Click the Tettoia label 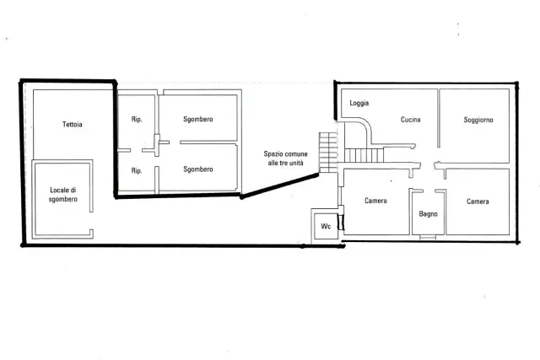[73, 124]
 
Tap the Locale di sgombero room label [63, 195]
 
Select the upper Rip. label [137, 120]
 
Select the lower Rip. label [137, 170]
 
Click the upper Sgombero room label [198, 120]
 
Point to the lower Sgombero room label [198, 169]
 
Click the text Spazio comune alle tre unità [285, 159]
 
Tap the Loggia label [359, 103]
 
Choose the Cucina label [411, 120]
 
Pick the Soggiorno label [478, 120]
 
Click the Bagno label [428, 214]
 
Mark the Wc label [326, 226]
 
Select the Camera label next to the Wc [375, 201]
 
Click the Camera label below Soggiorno [478, 201]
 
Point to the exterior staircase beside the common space [328, 153]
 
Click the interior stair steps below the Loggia [364, 155]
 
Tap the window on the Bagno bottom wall [428, 237]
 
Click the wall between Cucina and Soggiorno [439, 118]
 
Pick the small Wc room [325, 225]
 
